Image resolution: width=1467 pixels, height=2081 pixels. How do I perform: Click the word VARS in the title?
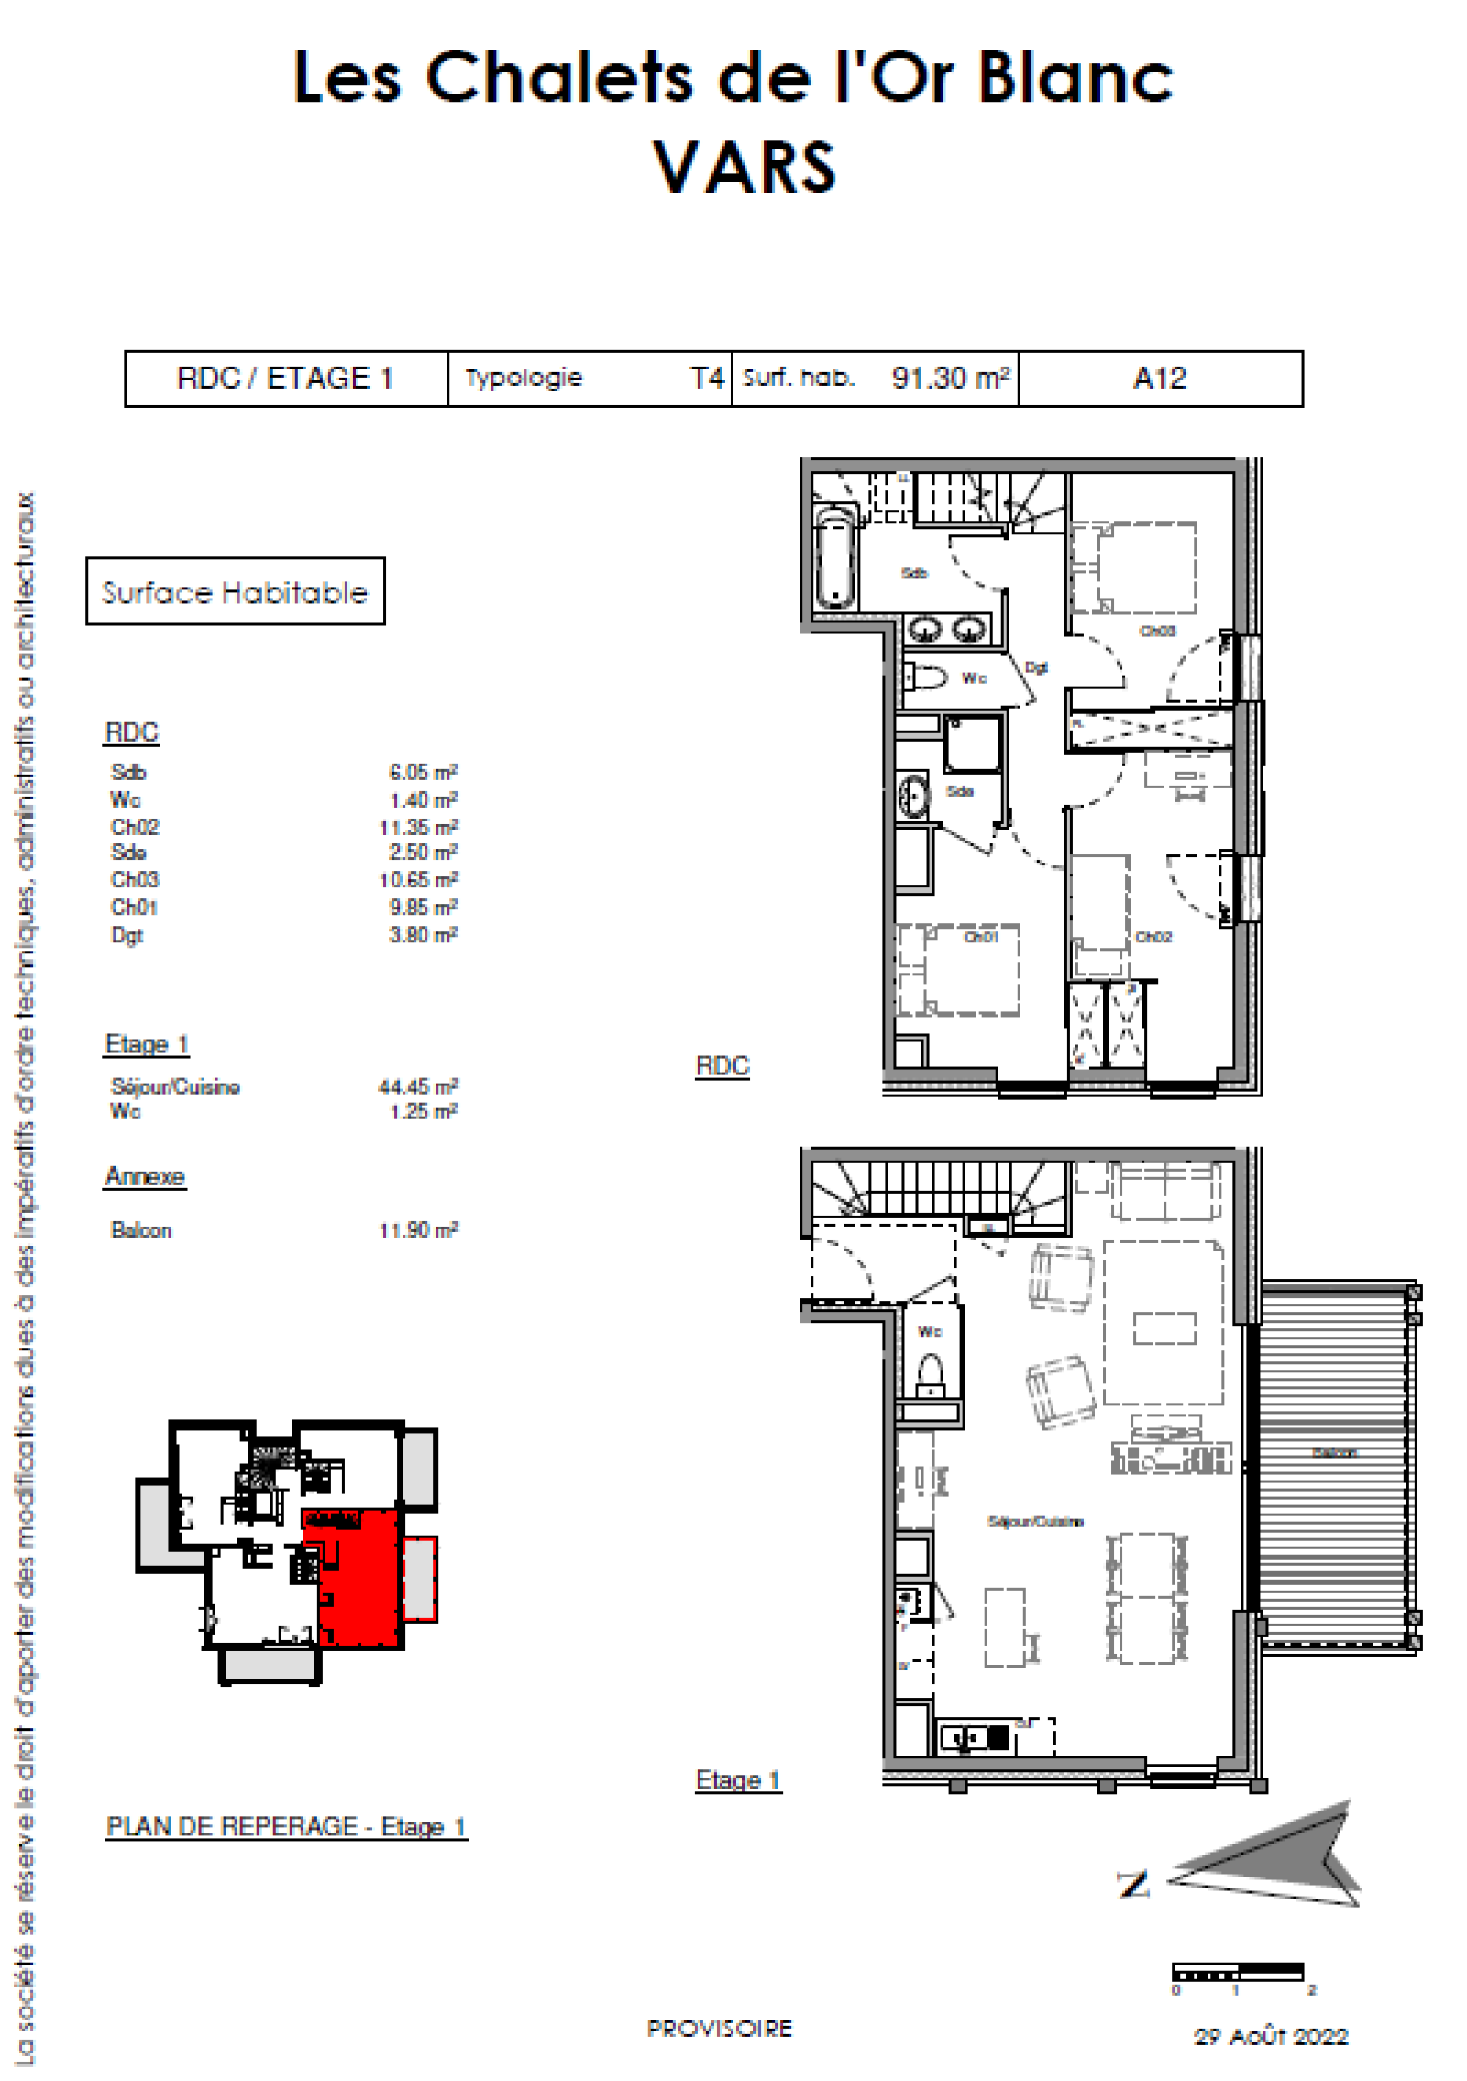point(744,168)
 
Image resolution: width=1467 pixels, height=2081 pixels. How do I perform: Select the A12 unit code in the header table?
point(1159,378)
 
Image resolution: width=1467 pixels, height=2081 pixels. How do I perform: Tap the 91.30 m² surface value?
point(950,378)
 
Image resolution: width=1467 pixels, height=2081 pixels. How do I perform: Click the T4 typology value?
point(707,378)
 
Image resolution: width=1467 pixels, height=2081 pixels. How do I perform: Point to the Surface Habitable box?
point(235,591)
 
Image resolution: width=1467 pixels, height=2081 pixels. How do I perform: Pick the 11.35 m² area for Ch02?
point(418,827)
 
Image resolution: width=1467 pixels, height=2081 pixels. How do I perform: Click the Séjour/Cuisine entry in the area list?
point(175,1086)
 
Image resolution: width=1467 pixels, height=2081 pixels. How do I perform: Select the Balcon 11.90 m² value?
point(418,1229)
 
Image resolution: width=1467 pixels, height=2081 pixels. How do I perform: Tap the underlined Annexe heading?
point(145,1176)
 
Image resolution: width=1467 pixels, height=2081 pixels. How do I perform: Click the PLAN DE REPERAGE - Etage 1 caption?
point(286,1826)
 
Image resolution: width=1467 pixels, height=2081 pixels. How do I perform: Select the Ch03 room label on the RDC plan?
point(1156,631)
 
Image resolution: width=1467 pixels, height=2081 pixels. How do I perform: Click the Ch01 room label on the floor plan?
point(980,937)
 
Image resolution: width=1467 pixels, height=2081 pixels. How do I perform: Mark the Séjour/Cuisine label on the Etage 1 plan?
point(1035,1522)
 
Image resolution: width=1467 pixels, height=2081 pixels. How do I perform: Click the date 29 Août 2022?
point(1270,2037)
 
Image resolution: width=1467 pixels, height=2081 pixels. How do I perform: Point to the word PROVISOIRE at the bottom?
point(719,2029)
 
